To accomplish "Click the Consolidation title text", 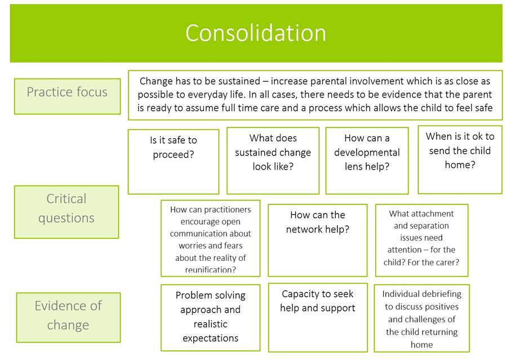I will coord(256,33).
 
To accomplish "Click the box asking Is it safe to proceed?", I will coord(174,161).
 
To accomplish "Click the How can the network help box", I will coord(317,239).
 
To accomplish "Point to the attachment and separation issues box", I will coord(421,239).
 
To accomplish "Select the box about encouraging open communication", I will coord(210,238).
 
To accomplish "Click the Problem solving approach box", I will coord(210,317).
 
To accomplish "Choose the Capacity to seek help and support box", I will coord(317,317).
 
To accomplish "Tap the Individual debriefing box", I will coord(421,317).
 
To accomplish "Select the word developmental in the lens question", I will coord(367,152).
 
